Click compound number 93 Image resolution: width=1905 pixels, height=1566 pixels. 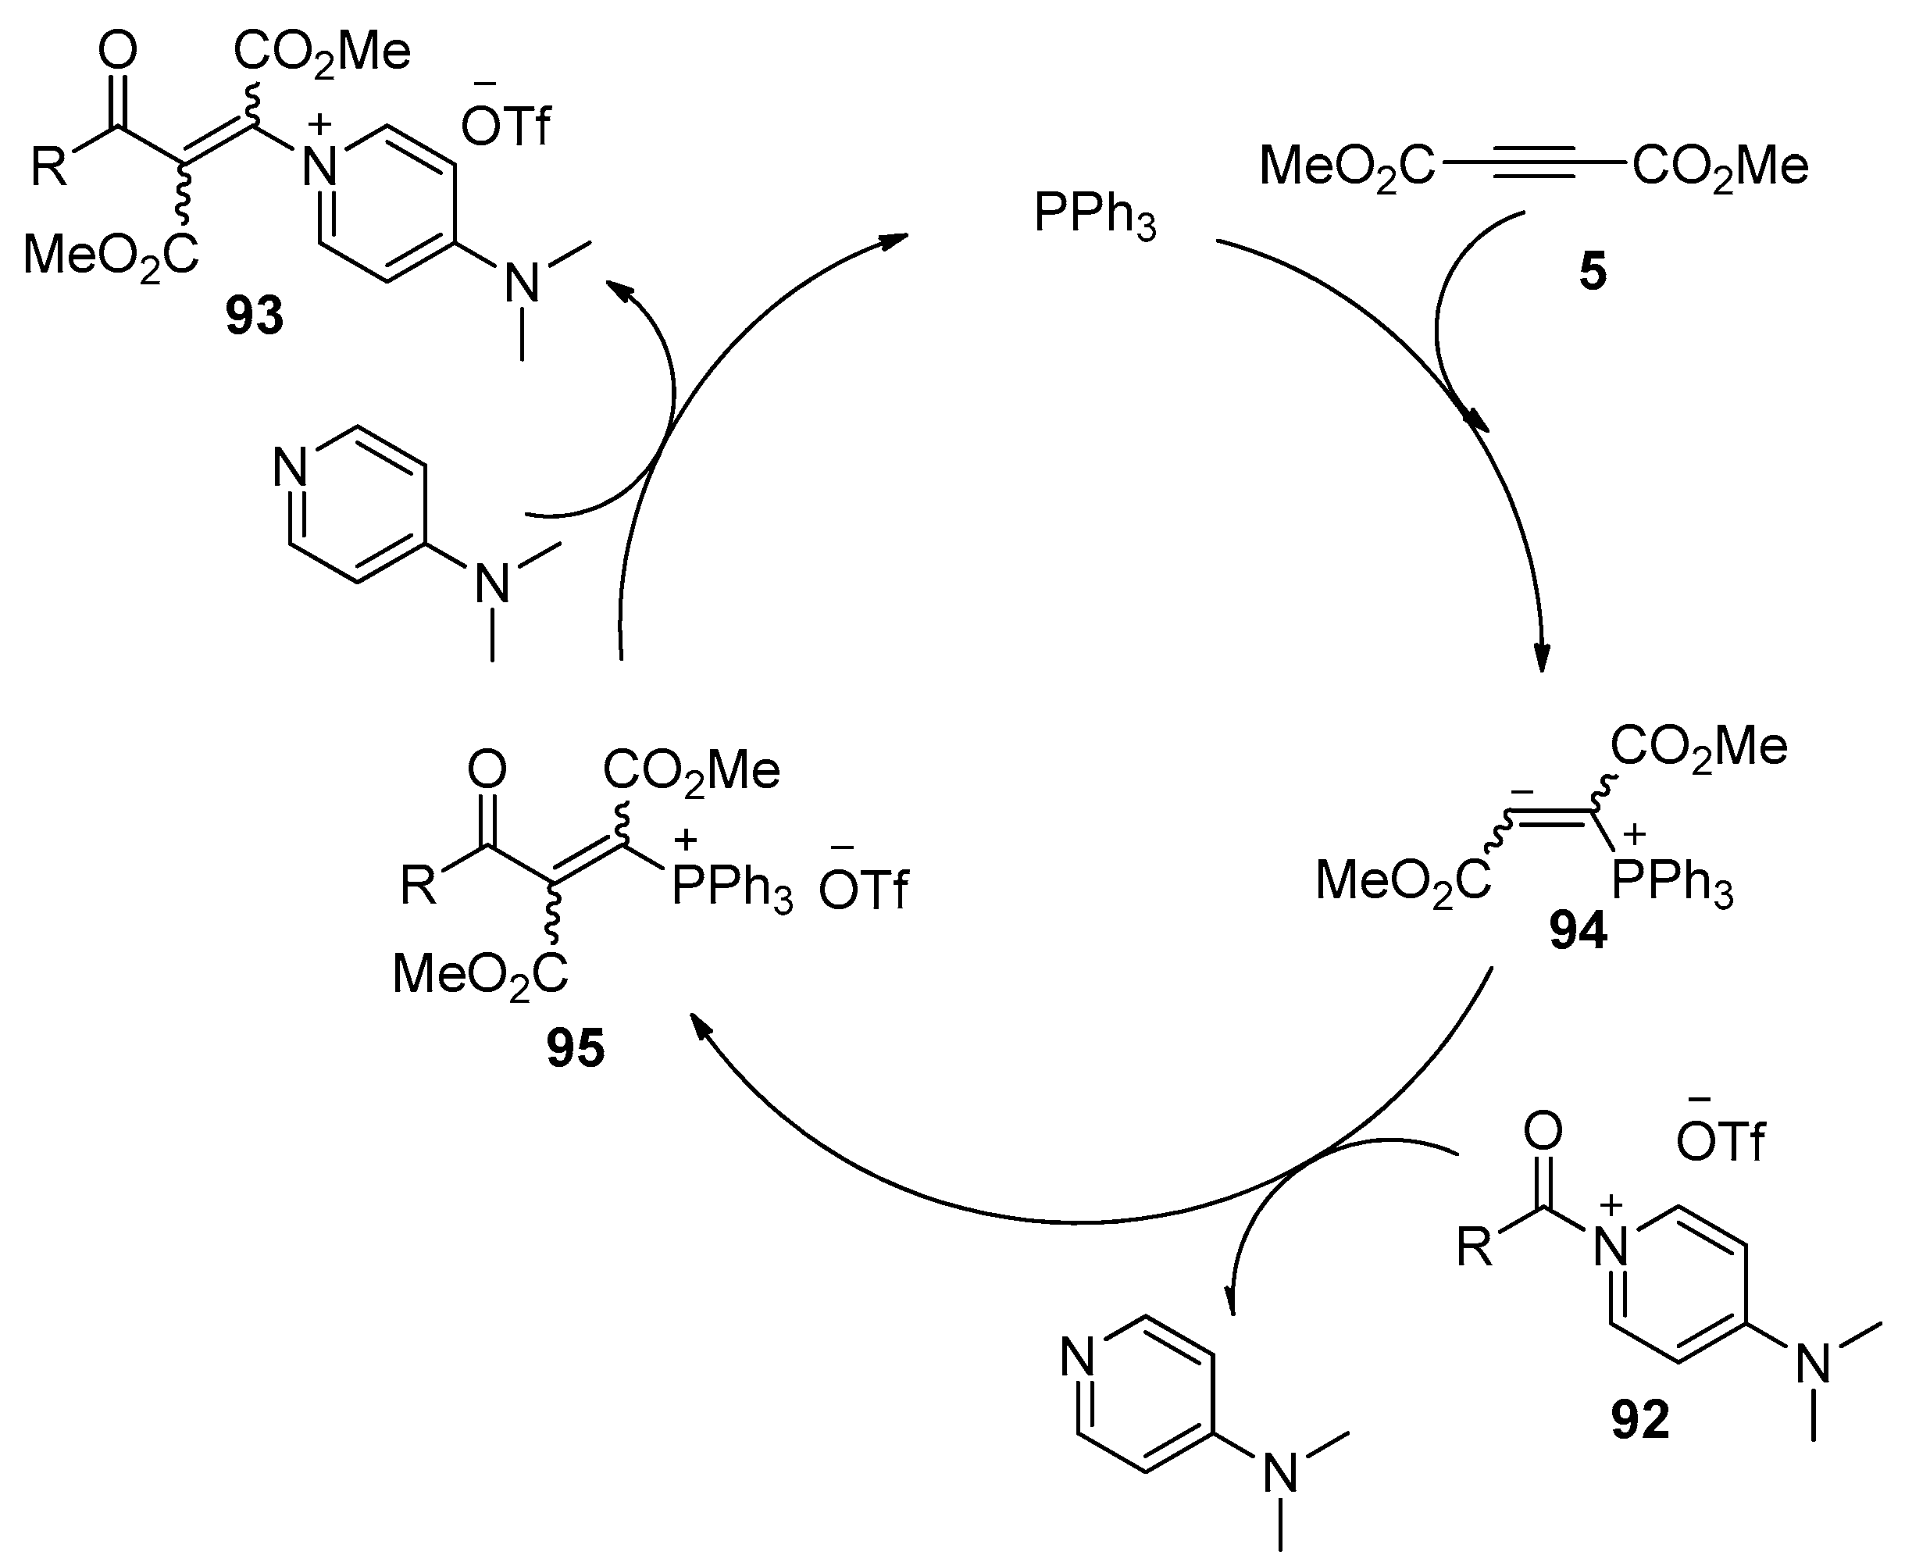(x=255, y=316)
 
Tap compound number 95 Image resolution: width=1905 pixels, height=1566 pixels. (x=576, y=1048)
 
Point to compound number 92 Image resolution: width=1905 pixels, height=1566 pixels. (x=1639, y=1420)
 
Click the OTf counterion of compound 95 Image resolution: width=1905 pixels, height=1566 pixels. (x=864, y=889)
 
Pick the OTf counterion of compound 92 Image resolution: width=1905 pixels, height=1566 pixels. (x=1720, y=1142)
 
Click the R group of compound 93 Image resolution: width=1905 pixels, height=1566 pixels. (x=50, y=167)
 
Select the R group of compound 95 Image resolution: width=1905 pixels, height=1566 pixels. (x=419, y=886)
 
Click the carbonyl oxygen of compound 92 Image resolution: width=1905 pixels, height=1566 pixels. (x=1543, y=1131)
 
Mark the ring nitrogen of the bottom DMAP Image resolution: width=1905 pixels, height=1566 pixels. (x=1078, y=1356)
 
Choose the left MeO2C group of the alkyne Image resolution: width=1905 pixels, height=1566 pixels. (x=1346, y=167)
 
